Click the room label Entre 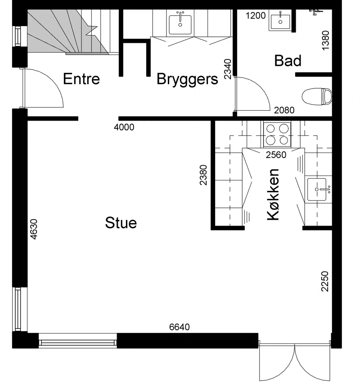coord(81,79)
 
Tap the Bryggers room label coord(187,80)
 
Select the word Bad coord(288,61)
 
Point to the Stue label coord(121,223)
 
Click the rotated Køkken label coord(273,194)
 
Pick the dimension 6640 coord(180,327)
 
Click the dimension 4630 coord(33,229)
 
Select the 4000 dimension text coord(124,127)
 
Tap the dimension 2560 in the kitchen coord(276,155)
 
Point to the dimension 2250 coord(325,281)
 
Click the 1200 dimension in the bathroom coord(256,16)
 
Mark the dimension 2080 coord(284,110)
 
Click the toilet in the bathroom coord(317,97)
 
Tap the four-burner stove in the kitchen coord(277,134)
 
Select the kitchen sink coord(317,189)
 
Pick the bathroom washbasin coord(280,21)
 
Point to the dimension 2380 coord(203,175)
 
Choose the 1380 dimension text coord(325,41)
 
